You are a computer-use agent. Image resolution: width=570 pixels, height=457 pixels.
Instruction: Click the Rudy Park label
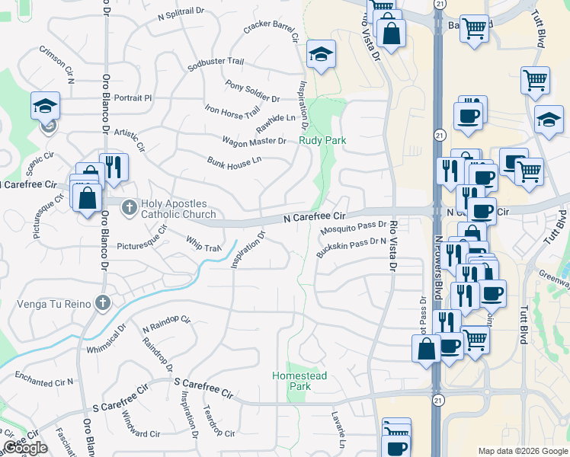pyautogui.click(x=322, y=140)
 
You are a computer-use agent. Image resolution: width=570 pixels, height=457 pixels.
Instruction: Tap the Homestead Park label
pyautogui.click(x=299, y=381)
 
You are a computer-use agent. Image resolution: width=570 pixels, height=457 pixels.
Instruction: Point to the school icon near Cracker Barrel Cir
pyautogui.click(x=321, y=54)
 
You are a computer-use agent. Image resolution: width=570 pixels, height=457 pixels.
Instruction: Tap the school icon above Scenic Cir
pyautogui.click(x=46, y=106)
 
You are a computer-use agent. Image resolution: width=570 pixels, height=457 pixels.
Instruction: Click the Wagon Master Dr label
pyautogui.click(x=254, y=141)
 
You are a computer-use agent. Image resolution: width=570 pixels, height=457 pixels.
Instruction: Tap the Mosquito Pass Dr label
pyautogui.click(x=353, y=226)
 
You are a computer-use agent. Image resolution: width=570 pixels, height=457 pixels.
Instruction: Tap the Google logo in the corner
pyautogui.click(x=26, y=448)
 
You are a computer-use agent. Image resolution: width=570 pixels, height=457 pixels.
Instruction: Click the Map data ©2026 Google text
pyautogui.click(x=522, y=451)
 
